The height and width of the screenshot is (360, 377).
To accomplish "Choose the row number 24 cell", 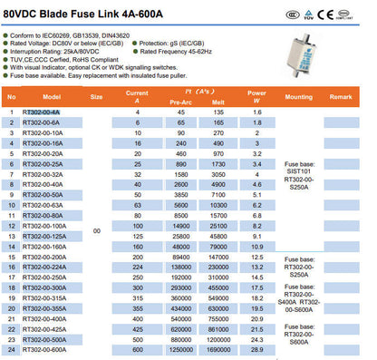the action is [11, 349].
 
